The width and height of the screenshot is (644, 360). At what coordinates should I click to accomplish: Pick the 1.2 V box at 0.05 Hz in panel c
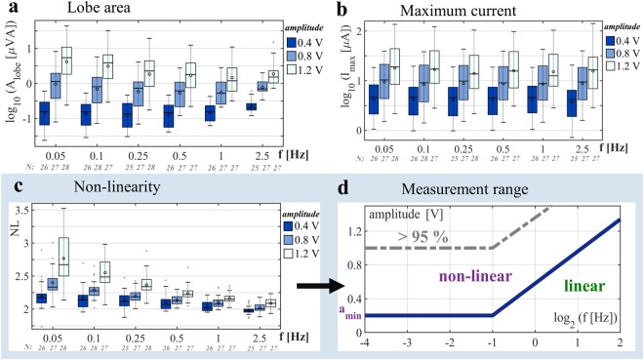(63, 258)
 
